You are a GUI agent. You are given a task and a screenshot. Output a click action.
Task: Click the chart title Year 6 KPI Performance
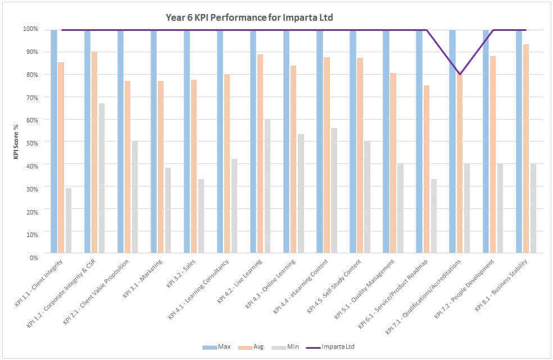tap(249, 17)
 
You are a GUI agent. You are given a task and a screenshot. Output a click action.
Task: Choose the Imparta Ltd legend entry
tap(330, 347)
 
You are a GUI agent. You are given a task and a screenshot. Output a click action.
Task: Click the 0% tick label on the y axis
tap(33, 257)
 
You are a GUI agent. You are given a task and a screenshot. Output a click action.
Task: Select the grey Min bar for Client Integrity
tap(69, 222)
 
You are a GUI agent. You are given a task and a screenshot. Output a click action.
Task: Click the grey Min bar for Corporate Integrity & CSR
tap(102, 180)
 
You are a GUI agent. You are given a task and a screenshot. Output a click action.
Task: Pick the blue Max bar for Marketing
tap(153, 143)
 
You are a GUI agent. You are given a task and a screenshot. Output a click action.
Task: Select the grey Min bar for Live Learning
tap(268, 188)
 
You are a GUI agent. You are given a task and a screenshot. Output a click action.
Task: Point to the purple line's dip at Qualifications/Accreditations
tap(460, 74)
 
